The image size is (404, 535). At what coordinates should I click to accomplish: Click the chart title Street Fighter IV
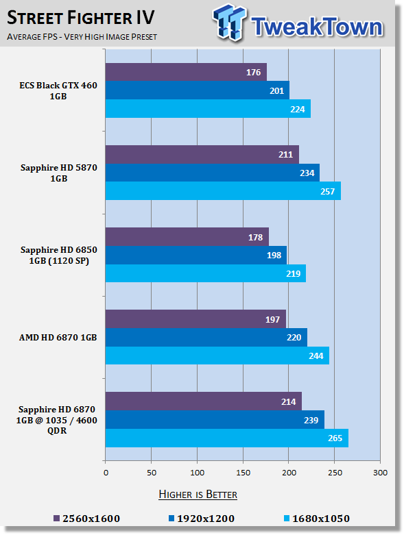coord(81,17)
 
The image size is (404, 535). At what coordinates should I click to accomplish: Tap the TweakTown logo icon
coord(230,23)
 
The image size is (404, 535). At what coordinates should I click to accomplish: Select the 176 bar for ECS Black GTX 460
coord(186,72)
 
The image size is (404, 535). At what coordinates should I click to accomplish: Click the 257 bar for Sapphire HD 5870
coord(223,191)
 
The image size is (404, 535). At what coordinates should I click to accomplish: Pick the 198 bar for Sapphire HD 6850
coord(196,256)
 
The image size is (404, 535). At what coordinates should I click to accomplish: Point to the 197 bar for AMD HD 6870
coord(195,319)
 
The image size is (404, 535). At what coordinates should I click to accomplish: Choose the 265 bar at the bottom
coord(227,438)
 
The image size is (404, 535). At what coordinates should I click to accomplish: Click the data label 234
coord(307,173)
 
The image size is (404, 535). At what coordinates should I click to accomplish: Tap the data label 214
coord(289,401)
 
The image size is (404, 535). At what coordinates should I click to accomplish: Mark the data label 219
coord(294,273)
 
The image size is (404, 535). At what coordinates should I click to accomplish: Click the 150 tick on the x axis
coord(243,473)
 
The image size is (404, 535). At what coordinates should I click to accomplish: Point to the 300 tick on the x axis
coord(380,473)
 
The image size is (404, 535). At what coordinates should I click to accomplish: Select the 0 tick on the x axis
coord(106,473)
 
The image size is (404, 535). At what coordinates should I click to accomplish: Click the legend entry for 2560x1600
coord(87,519)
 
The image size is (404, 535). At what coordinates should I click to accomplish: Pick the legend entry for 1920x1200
coord(202,519)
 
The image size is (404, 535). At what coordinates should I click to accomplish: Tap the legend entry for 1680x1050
coord(317,519)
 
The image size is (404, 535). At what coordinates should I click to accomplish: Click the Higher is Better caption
coord(198,495)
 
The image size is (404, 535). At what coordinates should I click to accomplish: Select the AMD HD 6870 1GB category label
coord(58,338)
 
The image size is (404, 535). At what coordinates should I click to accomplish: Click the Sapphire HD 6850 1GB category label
coord(59,256)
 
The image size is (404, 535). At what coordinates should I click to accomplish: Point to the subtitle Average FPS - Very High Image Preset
coord(82,36)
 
